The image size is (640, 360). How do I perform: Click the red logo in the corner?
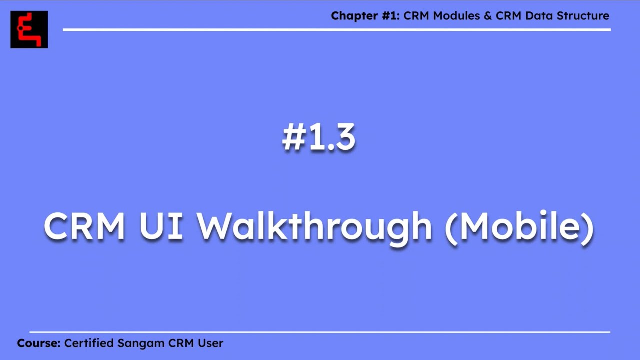pos(29,30)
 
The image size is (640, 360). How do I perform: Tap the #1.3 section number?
pos(319,138)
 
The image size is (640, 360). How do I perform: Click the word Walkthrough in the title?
pos(314,226)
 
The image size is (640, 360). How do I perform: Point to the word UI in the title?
pos(161,226)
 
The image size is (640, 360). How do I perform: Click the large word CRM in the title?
pos(84,226)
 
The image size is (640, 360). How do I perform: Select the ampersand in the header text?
pos(488,16)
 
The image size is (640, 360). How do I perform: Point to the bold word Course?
pos(39,343)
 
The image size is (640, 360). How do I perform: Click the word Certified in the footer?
pos(89,343)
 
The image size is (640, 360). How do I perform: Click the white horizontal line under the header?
pos(336,30)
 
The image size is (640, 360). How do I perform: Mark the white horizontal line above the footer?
pos(320,332)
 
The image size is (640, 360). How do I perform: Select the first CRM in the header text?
pos(417,16)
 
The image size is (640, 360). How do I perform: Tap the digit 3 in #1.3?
pos(345,138)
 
